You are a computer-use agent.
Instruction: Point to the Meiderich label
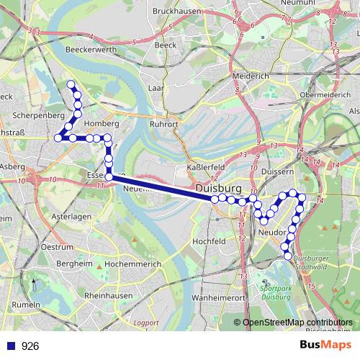point(251,76)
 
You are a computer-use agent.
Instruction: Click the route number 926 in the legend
point(30,346)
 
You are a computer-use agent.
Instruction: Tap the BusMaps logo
point(324,345)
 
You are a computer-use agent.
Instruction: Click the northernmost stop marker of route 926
point(71,85)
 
